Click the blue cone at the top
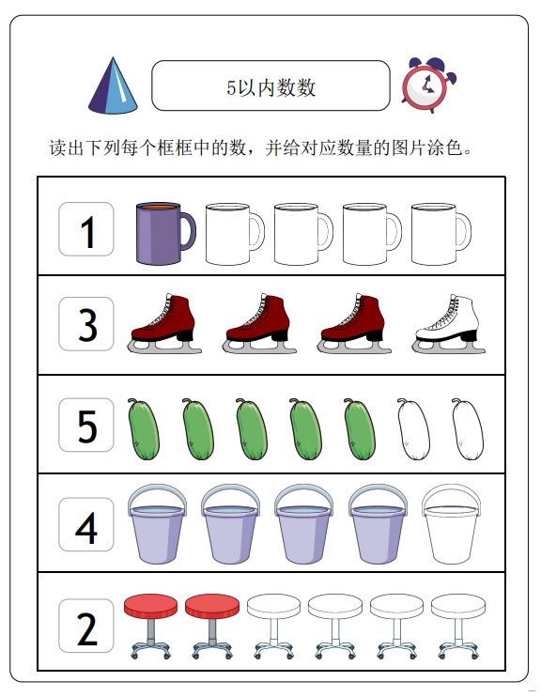tap(113, 86)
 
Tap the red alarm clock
tap(428, 85)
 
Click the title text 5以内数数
tap(270, 87)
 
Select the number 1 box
tap(86, 229)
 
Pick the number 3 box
tap(86, 324)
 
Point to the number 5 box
tap(86, 425)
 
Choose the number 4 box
tap(86, 524)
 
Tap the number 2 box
tap(86, 626)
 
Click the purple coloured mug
tap(165, 233)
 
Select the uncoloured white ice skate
tap(449, 324)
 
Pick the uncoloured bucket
tap(451, 524)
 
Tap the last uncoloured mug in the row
tap(441, 234)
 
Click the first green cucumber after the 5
tap(144, 429)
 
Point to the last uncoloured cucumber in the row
tap(468, 429)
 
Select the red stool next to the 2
tap(150, 627)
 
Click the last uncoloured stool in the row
tap(458, 627)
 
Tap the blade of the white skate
tap(449, 348)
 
